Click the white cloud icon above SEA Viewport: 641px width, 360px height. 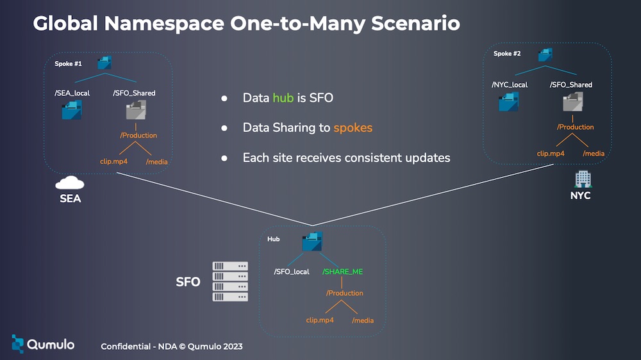click(70, 183)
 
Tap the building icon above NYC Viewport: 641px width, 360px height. click(583, 179)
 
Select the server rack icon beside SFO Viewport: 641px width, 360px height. click(230, 282)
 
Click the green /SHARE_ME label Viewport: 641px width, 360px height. click(342, 272)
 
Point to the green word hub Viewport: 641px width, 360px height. click(283, 98)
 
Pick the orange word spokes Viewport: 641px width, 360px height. click(353, 128)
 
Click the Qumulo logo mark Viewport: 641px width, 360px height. click(17, 344)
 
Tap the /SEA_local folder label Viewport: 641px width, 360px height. click(72, 93)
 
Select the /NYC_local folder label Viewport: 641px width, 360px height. click(510, 85)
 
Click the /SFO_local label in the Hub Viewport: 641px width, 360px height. click(292, 272)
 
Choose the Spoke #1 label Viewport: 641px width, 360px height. click(69, 64)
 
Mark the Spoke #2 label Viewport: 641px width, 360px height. click(507, 54)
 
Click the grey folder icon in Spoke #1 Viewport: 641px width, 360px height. click(136, 110)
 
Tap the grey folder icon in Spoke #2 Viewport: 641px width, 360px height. click(572, 102)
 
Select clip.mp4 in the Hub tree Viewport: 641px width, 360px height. click(320, 320)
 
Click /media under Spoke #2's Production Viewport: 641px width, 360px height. click(594, 154)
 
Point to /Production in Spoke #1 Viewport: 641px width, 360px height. click(138, 135)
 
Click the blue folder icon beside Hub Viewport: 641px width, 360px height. click(312, 241)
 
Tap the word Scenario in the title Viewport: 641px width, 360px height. click(416, 23)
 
